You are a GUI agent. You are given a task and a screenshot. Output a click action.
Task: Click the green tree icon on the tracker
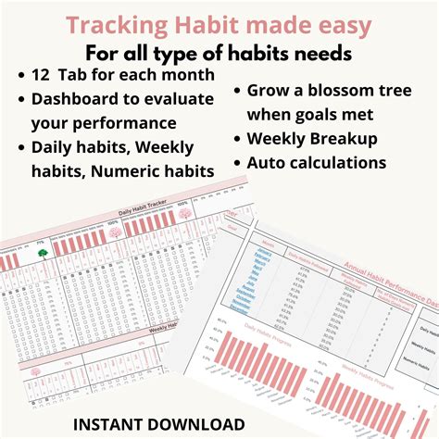click(x=41, y=252)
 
